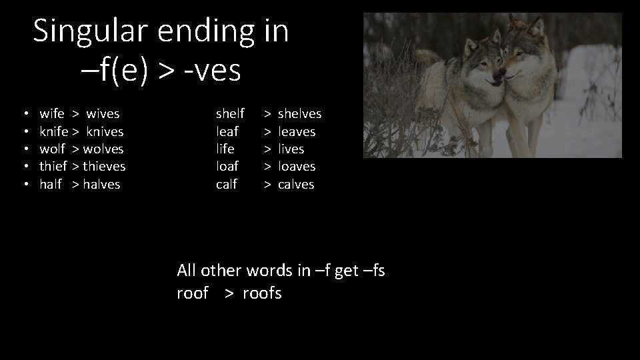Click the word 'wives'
point(103,114)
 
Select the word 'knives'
point(105,132)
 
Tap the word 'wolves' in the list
point(103,149)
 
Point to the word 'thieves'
point(104,166)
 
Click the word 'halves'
point(102,184)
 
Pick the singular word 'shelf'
point(230,114)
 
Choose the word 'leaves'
point(297,132)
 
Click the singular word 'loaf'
point(227,166)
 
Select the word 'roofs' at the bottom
point(262,293)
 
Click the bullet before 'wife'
point(23,115)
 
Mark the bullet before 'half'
point(23,185)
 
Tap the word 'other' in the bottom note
point(221,271)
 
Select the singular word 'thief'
point(53,166)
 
